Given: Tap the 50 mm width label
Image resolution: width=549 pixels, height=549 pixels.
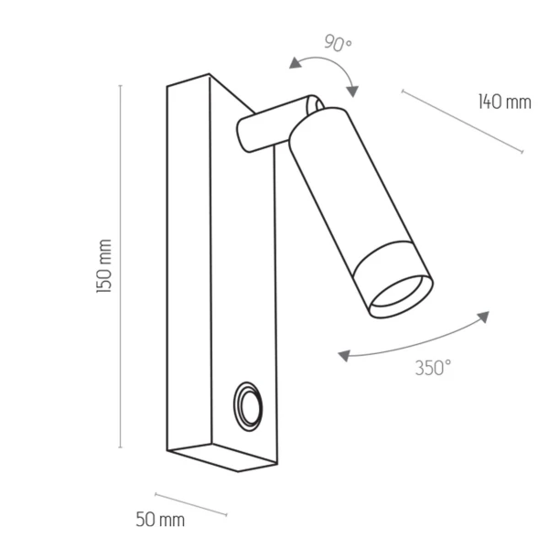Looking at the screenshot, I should [x=160, y=520].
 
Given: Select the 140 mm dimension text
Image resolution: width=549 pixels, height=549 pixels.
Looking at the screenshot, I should [x=504, y=102].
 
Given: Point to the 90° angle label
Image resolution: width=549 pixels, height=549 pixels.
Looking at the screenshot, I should [x=338, y=42].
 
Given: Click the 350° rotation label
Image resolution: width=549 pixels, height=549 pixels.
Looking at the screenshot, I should [x=433, y=368].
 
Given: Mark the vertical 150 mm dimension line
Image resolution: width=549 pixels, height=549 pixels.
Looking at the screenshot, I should [x=121, y=265].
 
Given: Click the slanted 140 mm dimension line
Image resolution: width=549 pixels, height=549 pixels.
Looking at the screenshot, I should [x=462, y=121].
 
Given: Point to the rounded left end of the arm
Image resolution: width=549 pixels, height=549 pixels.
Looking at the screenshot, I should [x=243, y=136].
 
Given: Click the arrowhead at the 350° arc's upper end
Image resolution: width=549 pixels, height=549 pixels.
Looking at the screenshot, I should [x=481, y=317].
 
